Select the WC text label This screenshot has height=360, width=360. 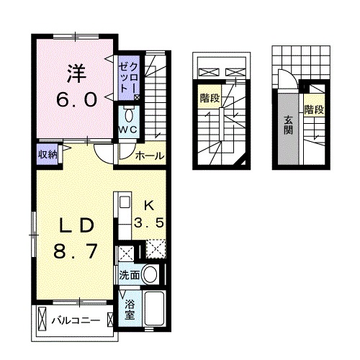point(129,129)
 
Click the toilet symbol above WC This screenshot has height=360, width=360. point(129,114)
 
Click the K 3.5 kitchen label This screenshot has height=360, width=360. point(151,213)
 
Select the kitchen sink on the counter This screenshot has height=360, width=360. point(122,202)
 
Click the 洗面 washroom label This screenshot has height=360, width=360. point(130,274)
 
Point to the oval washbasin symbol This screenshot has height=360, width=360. point(150,274)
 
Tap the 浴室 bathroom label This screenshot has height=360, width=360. point(130,310)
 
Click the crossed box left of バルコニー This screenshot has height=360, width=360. point(42,318)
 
